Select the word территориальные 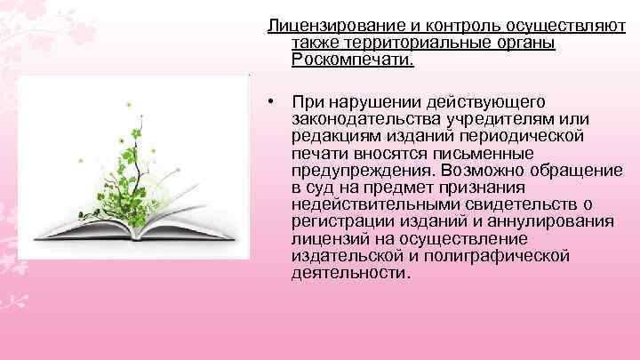click(407, 43)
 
